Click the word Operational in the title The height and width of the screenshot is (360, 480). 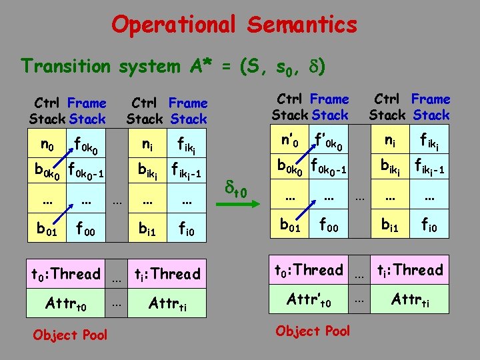click(x=174, y=25)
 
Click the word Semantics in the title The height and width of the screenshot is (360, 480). click(x=301, y=25)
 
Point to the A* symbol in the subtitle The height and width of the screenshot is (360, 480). click(x=198, y=66)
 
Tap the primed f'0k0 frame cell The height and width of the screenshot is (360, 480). click(x=329, y=141)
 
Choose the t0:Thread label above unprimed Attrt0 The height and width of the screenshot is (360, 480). click(x=65, y=273)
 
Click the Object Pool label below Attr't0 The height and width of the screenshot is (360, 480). click(x=312, y=331)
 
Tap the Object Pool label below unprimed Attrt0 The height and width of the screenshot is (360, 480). click(x=69, y=335)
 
